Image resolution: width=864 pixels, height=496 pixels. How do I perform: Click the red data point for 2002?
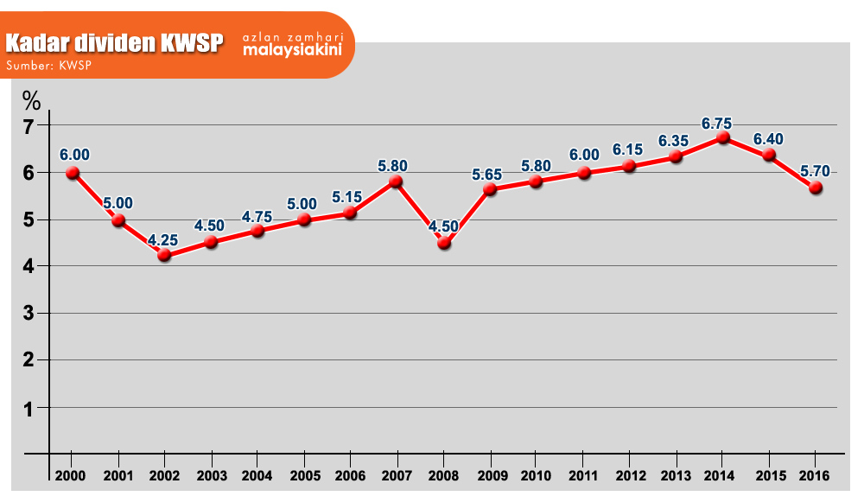point(164,255)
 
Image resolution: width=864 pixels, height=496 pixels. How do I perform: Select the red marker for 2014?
point(724,137)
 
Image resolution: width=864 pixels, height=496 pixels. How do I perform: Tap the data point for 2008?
point(444,243)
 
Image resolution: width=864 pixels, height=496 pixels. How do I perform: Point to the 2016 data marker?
point(816,187)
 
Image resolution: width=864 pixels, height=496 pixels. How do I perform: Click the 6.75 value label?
point(717,124)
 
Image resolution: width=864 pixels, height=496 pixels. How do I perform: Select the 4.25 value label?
point(164,241)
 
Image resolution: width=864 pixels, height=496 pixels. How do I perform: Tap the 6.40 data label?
point(768,139)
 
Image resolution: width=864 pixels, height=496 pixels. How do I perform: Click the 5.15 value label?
point(347,197)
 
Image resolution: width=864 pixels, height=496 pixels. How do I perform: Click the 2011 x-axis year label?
point(583,476)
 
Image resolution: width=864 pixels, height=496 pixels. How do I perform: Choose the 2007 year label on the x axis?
point(396,476)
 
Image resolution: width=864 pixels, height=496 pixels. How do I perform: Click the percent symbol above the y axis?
point(31,100)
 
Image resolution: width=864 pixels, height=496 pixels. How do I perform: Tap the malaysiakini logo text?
point(292,49)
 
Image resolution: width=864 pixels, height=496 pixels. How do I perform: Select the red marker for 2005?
point(304,219)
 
